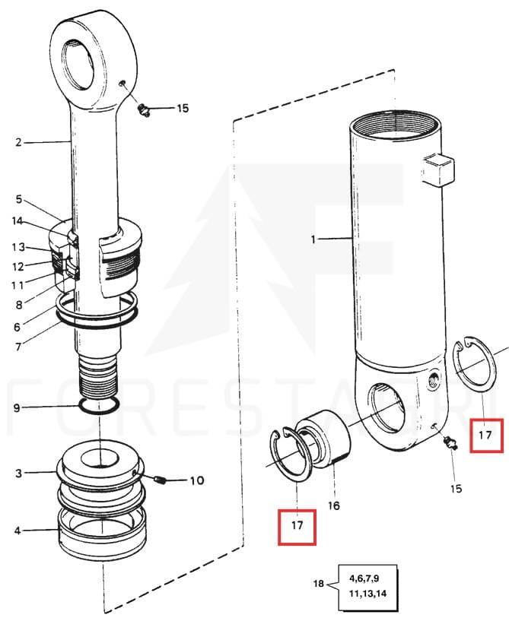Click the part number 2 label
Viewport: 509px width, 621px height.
[x=18, y=142]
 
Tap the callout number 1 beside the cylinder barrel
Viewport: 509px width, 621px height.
[x=313, y=239]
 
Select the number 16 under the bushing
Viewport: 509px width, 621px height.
[x=334, y=505]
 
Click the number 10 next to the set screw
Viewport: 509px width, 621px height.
[x=197, y=481]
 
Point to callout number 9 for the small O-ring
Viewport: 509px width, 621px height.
[x=17, y=407]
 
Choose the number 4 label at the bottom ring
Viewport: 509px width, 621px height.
[x=17, y=531]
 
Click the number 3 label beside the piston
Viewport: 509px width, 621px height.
[x=18, y=473]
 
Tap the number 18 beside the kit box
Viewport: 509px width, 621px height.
[x=319, y=584]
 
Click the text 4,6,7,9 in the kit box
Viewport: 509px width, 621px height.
[x=364, y=578]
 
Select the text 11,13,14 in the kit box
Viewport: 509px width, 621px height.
[x=367, y=594]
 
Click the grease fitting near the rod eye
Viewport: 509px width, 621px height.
[x=144, y=110]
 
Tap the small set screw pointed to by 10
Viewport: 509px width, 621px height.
[x=160, y=481]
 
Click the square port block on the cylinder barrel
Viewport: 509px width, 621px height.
[x=437, y=170]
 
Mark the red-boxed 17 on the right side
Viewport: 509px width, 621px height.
[x=486, y=436]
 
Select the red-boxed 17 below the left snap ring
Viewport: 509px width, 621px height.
[x=297, y=527]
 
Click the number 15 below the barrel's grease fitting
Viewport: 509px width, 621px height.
[x=456, y=488]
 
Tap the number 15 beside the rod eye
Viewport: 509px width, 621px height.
[x=183, y=108]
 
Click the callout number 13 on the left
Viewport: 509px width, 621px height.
[x=18, y=247]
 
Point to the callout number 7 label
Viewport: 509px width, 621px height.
[x=17, y=347]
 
